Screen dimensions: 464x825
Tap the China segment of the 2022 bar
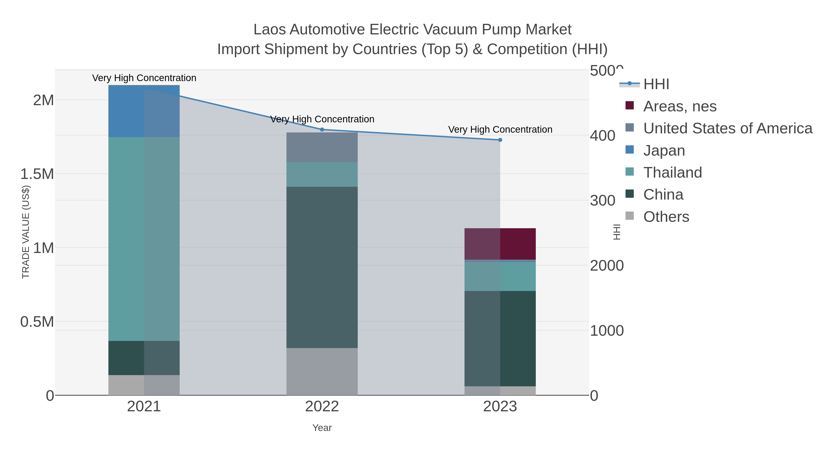click(322, 267)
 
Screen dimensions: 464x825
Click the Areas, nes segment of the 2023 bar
click(500, 244)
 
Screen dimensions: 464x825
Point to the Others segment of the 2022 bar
click(322, 371)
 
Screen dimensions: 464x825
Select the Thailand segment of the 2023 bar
click(500, 276)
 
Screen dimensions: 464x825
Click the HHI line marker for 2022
click(322, 130)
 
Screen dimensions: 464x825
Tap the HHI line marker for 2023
click(500, 140)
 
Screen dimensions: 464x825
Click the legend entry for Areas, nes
click(680, 106)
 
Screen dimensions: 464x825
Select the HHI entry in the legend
click(656, 84)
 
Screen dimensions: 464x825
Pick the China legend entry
click(663, 195)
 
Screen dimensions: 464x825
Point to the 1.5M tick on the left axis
click(37, 174)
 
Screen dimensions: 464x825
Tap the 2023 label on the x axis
click(500, 407)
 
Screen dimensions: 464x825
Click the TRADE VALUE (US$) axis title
click(26, 232)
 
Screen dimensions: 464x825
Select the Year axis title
click(322, 428)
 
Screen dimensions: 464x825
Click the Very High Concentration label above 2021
click(144, 78)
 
